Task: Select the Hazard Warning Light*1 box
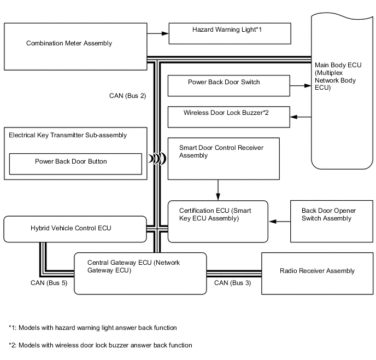[x=230, y=33]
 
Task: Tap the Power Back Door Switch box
[x=228, y=85]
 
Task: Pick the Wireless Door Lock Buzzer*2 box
[x=228, y=116]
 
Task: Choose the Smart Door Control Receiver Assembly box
[x=223, y=159]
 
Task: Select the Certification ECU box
[x=218, y=221]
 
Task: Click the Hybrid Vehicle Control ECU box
[x=75, y=229]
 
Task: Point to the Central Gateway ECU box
[x=139, y=273]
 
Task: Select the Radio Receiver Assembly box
[x=317, y=271]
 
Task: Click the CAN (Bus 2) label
[x=127, y=95]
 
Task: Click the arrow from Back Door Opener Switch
[x=279, y=222]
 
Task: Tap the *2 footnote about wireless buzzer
[x=100, y=345]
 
